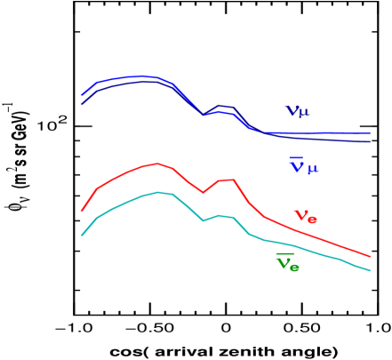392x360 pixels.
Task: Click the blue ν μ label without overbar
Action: (297, 111)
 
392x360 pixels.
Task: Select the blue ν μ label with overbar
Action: (303, 165)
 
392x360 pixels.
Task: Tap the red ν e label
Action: (305, 216)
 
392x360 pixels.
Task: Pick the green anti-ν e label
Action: (287, 262)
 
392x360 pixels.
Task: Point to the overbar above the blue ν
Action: (296, 157)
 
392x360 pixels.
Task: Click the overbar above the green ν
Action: (284, 254)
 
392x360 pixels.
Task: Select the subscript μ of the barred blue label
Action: (312, 169)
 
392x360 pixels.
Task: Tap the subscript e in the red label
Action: (312, 220)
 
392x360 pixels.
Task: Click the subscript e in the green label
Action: (294, 267)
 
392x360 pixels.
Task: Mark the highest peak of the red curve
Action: (158, 164)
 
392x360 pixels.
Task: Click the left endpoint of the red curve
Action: (82, 212)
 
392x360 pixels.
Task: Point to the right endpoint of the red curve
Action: (370, 256)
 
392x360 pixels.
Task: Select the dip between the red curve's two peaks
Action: (203, 192)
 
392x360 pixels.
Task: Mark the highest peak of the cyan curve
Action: (158, 192)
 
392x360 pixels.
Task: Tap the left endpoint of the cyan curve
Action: (82, 236)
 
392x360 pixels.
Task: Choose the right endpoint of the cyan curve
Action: (370, 270)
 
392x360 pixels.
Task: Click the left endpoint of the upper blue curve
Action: (81, 94)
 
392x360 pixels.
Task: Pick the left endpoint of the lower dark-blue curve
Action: (82, 104)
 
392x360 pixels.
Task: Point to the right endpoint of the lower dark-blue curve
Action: (370, 141)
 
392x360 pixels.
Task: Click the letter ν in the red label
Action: (300, 214)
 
